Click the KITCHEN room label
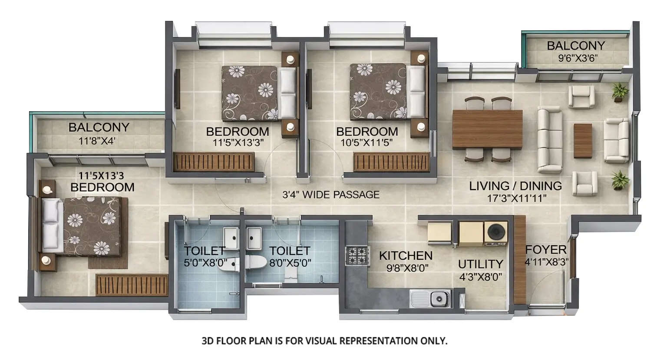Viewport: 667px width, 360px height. (x=406, y=255)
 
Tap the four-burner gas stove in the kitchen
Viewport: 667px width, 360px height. (x=357, y=255)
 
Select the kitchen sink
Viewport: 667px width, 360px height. (x=431, y=298)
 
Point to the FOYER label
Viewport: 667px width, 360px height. (x=546, y=250)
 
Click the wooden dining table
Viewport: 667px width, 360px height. (x=487, y=129)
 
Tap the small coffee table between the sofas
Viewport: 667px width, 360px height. (x=582, y=141)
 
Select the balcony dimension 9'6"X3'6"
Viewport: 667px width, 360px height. (x=575, y=58)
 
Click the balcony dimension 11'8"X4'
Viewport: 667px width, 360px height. (x=97, y=141)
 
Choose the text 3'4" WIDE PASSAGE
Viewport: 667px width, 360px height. (x=331, y=195)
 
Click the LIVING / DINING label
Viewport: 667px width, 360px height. (x=515, y=186)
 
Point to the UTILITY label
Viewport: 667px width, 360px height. (x=480, y=264)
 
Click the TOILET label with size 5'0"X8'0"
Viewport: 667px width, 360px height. (x=204, y=251)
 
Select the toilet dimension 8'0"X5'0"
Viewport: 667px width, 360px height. (x=290, y=263)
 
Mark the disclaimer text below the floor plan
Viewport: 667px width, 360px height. (x=324, y=340)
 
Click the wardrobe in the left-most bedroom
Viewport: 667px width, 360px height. (x=132, y=285)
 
